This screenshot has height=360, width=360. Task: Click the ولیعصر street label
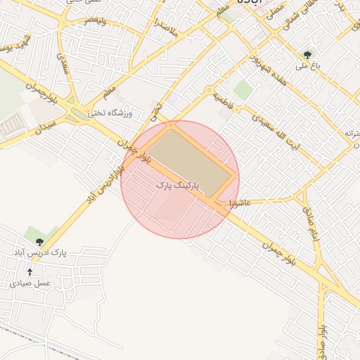pyautogui.click(x=96, y=18)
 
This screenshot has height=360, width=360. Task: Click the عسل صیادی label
pyautogui.click(x=30, y=283)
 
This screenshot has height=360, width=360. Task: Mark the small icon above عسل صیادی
pyautogui.click(x=30, y=272)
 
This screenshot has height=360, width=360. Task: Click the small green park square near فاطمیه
pyautogui.click(x=243, y=89)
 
